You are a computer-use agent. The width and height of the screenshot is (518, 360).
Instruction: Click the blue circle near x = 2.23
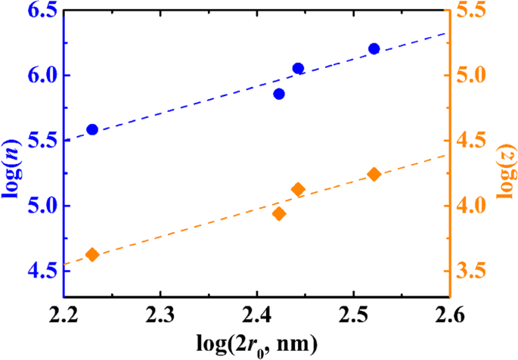click(92, 129)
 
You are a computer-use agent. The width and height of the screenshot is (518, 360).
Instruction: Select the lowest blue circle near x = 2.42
click(279, 94)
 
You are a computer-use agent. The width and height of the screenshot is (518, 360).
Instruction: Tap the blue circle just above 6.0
click(298, 68)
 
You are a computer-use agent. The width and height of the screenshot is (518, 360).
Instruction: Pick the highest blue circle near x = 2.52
click(374, 48)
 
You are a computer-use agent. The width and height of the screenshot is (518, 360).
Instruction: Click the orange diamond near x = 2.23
click(92, 255)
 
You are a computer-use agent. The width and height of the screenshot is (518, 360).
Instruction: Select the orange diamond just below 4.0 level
click(279, 213)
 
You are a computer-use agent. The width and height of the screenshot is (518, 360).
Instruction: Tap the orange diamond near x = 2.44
click(298, 190)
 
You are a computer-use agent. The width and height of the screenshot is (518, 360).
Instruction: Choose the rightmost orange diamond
click(374, 175)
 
